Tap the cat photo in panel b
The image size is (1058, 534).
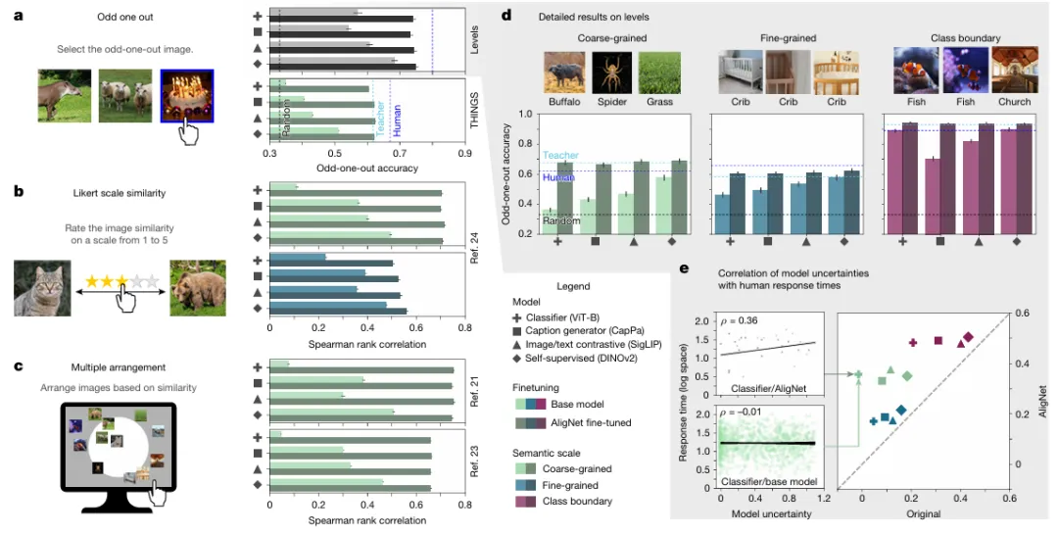(x=42, y=288)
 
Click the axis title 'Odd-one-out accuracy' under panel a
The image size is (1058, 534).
(x=367, y=168)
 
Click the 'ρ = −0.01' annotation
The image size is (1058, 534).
(x=746, y=411)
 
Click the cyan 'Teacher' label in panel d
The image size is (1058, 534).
(x=560, y=155)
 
